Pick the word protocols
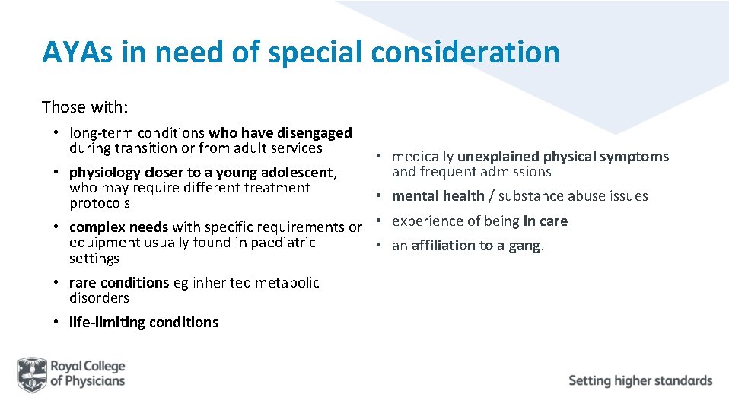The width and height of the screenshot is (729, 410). click(99, 203)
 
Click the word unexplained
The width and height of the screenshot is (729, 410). click(498, 157)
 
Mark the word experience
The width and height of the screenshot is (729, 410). click(426, 221)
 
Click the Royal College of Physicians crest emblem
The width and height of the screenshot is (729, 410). click(32, 373)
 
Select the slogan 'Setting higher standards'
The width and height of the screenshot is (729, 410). click(640, 380)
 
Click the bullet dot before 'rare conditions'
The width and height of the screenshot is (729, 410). click(56, 283)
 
